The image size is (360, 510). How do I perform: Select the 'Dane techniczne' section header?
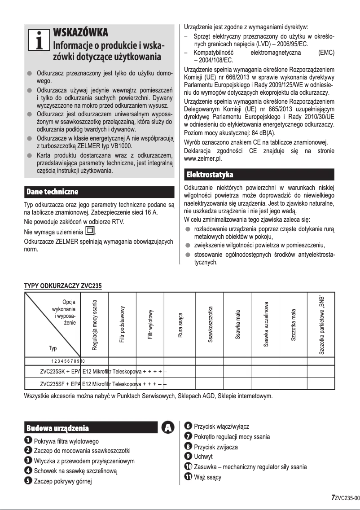[x=53, y=192]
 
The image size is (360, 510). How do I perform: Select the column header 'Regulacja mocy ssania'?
[x=95, y=325]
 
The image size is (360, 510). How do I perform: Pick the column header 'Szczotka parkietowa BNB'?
[x=321, y=325]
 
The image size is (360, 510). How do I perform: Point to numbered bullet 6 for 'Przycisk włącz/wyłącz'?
[x=189, y=426]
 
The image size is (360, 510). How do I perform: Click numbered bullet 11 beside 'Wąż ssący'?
[x=189, y=477]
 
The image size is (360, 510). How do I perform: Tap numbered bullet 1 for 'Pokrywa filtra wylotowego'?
[x=28, y=441]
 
